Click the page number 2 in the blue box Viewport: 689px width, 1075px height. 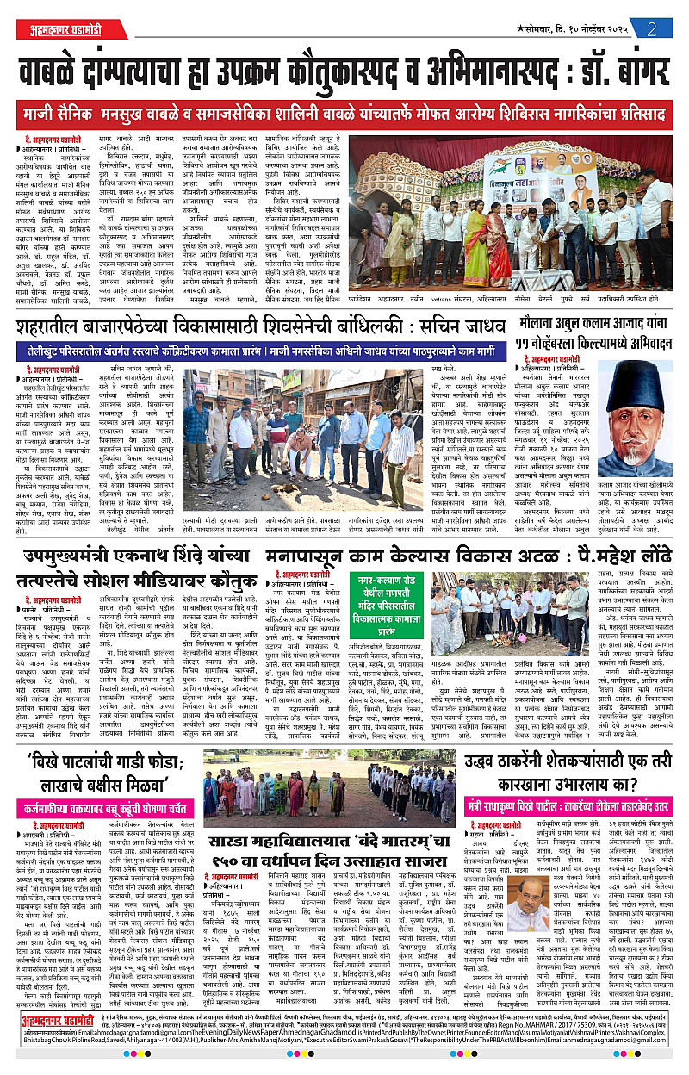[655, 27]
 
